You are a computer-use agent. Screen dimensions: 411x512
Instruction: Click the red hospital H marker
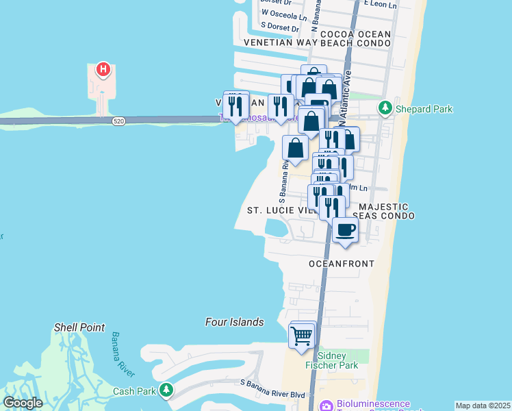103,69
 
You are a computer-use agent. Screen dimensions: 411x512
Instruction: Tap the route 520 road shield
119,121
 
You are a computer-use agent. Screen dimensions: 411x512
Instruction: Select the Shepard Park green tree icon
385,108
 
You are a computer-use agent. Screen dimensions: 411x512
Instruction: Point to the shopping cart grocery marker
302,336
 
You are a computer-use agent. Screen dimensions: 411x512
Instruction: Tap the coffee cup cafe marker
345,229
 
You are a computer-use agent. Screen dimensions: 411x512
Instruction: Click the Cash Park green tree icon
166,390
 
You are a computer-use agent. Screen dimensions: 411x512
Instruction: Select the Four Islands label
235,322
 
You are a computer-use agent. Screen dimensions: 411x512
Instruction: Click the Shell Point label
79,327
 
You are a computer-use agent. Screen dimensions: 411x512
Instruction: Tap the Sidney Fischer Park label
337,361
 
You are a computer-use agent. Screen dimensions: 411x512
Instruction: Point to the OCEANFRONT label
342,264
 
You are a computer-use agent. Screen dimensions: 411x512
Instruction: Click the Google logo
23,403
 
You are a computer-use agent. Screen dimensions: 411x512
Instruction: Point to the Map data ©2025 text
482,406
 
